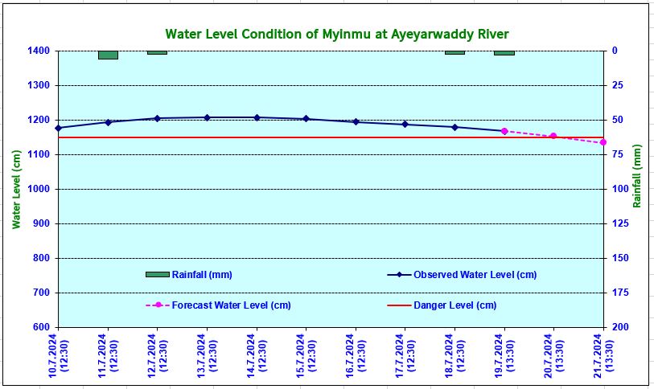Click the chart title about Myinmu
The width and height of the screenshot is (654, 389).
coord(337,35)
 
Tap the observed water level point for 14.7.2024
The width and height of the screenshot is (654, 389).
coord(257,117)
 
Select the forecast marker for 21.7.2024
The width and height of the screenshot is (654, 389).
coord(603,142)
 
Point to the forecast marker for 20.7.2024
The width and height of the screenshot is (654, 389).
coord(553,136)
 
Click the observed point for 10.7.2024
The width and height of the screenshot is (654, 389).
coord(59,128)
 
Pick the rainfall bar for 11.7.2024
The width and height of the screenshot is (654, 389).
coord(108,55)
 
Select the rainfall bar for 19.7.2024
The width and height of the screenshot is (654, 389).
coord(504,52)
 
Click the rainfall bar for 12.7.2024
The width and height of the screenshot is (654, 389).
coord(157,52)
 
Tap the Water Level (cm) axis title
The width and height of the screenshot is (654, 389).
coord(16,189)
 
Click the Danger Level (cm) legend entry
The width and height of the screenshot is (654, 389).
coord(455,305)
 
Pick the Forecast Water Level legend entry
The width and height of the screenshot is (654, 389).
coord(231,305)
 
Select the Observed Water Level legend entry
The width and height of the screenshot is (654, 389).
coord(475,275)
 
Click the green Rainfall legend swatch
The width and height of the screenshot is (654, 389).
coord(157,275)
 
